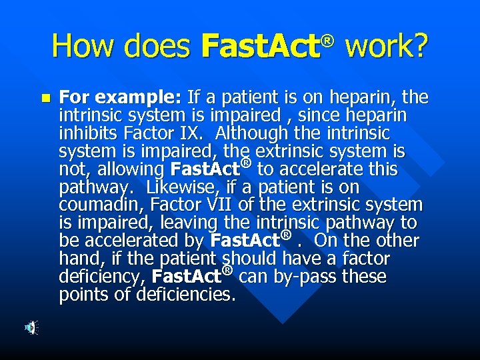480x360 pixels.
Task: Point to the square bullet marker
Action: (45, 98)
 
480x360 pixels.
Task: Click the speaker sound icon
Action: (31, 327)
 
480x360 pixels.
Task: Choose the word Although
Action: (254, 134)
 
